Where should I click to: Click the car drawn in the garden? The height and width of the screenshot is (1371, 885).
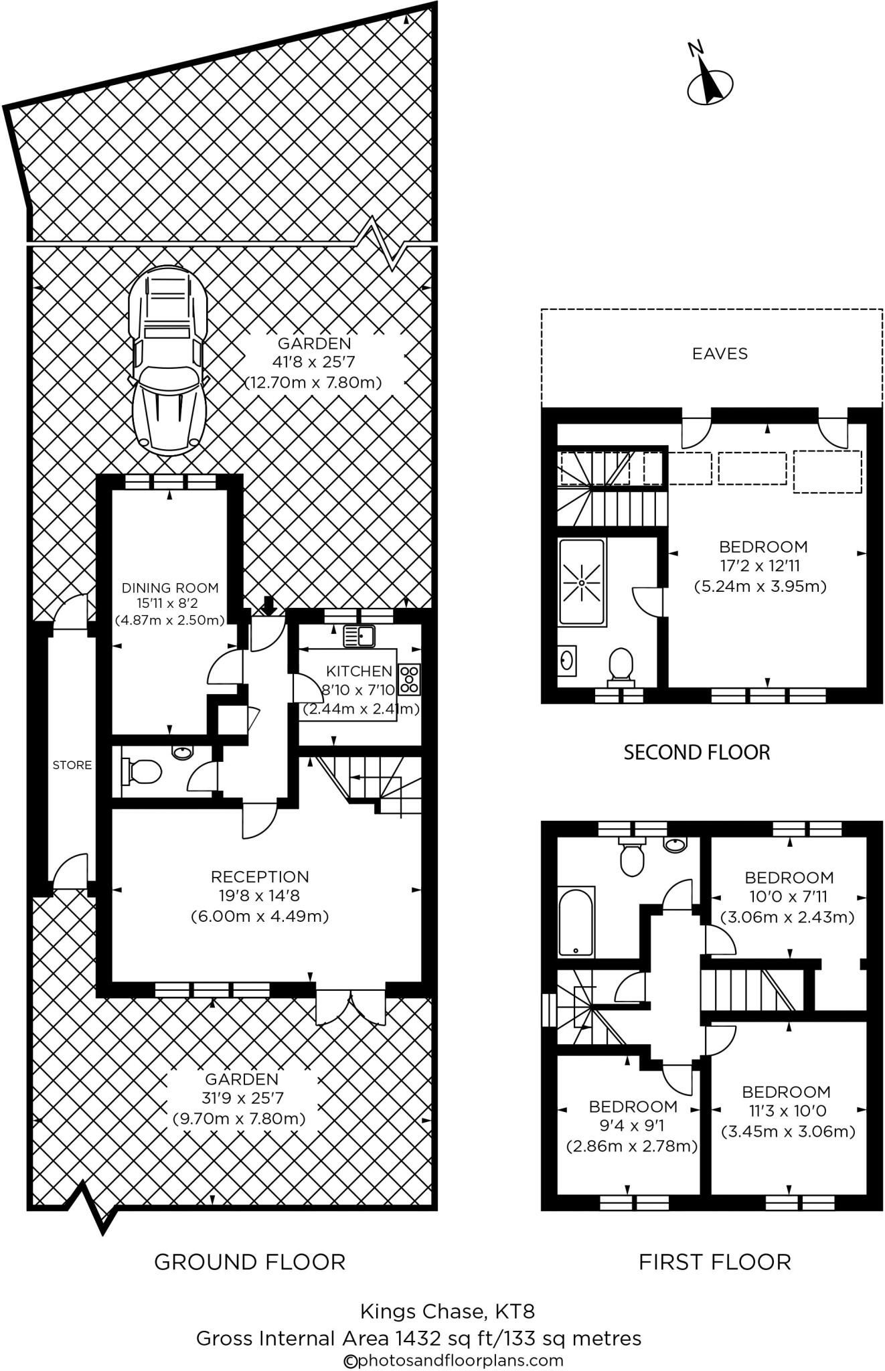point(167,360)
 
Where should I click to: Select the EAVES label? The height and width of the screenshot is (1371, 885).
point(720,353)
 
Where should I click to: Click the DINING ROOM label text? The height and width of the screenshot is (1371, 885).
point(170,588)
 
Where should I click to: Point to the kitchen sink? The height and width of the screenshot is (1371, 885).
point(359,635)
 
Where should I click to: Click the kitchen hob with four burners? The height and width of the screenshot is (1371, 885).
point(409,679)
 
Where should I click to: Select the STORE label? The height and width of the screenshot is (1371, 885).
point(72,765)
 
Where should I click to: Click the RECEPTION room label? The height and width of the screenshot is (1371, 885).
point(260,876)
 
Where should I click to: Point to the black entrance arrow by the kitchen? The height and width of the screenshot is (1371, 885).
point(269,605)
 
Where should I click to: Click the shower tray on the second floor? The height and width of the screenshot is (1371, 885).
point(582,582)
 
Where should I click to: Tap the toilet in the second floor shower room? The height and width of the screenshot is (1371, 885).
point(621,665)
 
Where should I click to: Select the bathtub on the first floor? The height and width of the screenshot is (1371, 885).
point(576,922)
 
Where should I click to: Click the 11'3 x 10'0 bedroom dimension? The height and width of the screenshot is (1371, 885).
point(788,1111)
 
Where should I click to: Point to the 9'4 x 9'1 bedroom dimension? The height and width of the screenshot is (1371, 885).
point(631,1126)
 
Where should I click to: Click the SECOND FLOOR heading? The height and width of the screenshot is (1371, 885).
point(697,752)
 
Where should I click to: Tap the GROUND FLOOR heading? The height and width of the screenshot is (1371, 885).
point(250,1262)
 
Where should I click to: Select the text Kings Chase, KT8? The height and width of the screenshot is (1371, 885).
point(447,1310)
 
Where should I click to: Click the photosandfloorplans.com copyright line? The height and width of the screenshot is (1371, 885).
point(453,1360)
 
